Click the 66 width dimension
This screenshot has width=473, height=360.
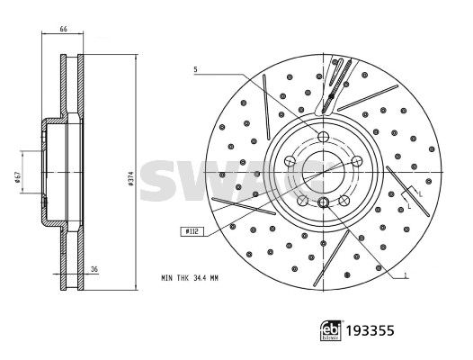click(x=63, y=29)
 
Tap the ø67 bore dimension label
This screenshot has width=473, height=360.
click(x=17, y=177)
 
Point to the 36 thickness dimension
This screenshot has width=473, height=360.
click(x=94, y=269)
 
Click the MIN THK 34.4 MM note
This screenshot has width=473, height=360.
click(x=190, y=278)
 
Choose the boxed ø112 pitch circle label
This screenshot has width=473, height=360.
click(x=192, y=231)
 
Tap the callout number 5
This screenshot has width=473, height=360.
click(x=195, y=70)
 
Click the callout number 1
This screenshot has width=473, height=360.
click(x=406, y=275)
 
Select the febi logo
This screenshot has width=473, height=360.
click(x=331, y=330)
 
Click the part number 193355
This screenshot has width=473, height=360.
click(x=370, y=331)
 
